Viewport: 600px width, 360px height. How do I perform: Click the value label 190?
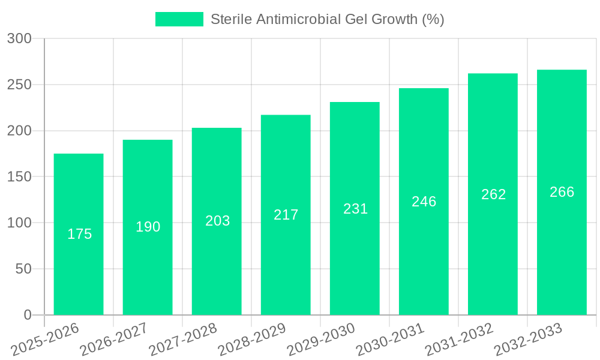pos(148,227)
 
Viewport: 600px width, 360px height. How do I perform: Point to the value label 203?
pos(217,221)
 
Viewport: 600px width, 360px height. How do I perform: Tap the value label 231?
pos(355,209)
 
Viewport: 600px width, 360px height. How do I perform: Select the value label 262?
pos(493,194)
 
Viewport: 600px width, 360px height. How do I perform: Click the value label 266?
pos(562,192)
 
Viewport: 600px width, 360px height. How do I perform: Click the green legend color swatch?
pos(179,19)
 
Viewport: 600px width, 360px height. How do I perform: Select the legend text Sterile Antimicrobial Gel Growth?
pos(327,19)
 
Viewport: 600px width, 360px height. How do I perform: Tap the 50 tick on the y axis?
pos(23,269)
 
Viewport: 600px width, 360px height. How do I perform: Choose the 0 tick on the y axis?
pos(28,315)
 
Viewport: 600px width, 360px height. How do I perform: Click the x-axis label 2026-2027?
pos(114,340)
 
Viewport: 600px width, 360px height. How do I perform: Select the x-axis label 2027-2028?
pos(183,340)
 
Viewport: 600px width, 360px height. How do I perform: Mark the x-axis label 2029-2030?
pos(321,340)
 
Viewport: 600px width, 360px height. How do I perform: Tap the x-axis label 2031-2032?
pos(459,340)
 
